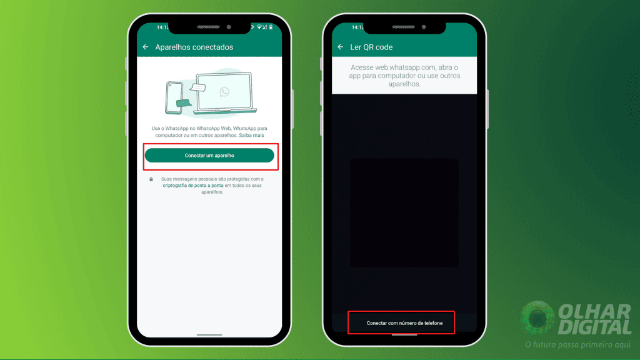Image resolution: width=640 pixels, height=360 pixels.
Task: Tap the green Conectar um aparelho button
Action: pos(209,156)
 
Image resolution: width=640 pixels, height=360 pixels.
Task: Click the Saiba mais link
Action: pos(251,135)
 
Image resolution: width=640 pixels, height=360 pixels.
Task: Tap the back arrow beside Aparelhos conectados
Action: pos(146,47)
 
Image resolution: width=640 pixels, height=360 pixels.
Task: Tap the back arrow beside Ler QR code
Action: pos(341,47)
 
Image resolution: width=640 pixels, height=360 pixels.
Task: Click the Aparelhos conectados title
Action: pos(194,47)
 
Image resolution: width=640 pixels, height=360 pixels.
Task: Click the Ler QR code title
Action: pos(371,47)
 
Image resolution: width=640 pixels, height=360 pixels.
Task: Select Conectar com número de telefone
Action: pos(404,323)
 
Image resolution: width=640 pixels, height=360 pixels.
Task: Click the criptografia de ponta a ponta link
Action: pos(193,185)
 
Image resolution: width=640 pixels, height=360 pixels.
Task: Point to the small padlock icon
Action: pos(151,179)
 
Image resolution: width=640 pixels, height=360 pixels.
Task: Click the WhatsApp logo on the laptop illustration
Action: pos(224,92)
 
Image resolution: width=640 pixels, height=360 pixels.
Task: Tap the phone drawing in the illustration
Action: pos(174,97)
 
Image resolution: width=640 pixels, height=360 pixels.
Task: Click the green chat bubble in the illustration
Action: pos(183,103)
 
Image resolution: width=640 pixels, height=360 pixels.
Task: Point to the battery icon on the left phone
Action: pos(271,27)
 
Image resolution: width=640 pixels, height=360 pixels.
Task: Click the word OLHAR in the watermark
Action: pos(594,312)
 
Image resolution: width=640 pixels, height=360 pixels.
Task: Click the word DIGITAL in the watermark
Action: pos(595,327)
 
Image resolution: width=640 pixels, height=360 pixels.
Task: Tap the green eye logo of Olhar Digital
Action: pos(537,317)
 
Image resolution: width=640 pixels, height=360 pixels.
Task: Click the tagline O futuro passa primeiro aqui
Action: pos(578,345)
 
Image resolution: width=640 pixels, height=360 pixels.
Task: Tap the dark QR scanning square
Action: pos(404,212)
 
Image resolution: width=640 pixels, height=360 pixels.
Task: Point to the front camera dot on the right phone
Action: pos(424,27)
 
